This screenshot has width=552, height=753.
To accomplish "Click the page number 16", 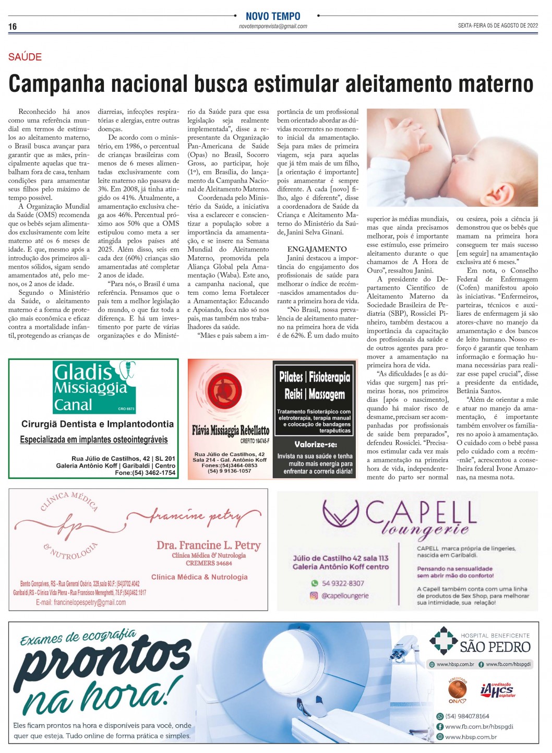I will [x=13, y=27].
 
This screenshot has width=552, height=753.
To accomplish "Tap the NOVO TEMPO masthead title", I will [x=273, y=16].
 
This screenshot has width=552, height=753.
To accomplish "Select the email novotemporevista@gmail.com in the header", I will [x=273, y=26].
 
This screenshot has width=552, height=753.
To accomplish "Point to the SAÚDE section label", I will [x=25, y=57].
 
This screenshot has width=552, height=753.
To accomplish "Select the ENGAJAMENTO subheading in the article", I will [x=317, y=249].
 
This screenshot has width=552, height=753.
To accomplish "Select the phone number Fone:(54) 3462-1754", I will [x=146, y=473].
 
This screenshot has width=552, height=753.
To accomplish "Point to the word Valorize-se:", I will [x=316, y=445].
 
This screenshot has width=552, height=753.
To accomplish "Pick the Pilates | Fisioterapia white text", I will [x=314, y=377].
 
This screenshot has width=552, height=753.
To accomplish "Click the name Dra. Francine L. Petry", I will [x=209, y=545].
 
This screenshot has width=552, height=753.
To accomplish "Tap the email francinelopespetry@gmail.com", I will [x=81, y=602].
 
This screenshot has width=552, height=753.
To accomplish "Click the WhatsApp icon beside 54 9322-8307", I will [x=314, y=583].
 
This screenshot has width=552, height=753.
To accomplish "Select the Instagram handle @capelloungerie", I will [x=345, y=595].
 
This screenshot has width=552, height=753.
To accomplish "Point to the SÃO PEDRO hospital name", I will [x=495, y=648].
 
